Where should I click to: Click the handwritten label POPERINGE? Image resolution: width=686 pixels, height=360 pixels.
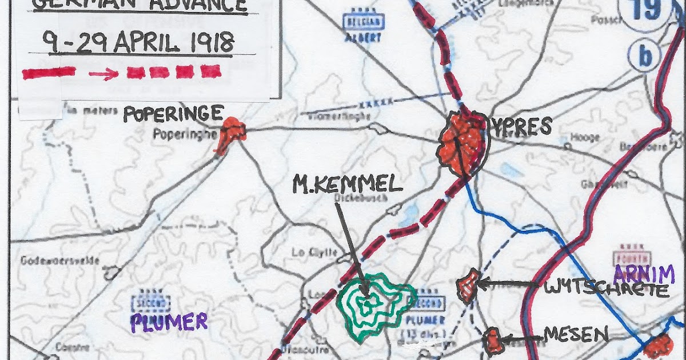tap(173, 114)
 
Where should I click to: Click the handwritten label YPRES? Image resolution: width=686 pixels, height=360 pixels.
tap(519, 126)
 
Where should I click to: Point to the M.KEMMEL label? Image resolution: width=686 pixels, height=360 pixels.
tap(348, 184)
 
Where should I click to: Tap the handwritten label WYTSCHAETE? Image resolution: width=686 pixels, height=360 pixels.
tap(606, 289)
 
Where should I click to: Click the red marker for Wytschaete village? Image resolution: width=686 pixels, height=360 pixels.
tap(468, 285)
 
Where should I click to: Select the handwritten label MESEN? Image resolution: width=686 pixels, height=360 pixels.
tap(576, 336)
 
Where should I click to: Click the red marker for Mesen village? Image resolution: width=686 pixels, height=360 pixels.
tap(492, 340)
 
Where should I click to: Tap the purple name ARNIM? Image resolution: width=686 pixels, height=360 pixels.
tap(644, 275)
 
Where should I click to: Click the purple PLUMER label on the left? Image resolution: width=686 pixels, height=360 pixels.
tap(169, 322)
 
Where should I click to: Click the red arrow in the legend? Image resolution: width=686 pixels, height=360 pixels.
tap(102, 73)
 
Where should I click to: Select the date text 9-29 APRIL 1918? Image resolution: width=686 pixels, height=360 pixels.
tap(139, 42)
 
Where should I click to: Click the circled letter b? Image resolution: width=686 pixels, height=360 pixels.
tap(645, 56)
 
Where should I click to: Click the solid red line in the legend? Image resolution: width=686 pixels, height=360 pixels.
tap(49, 73)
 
